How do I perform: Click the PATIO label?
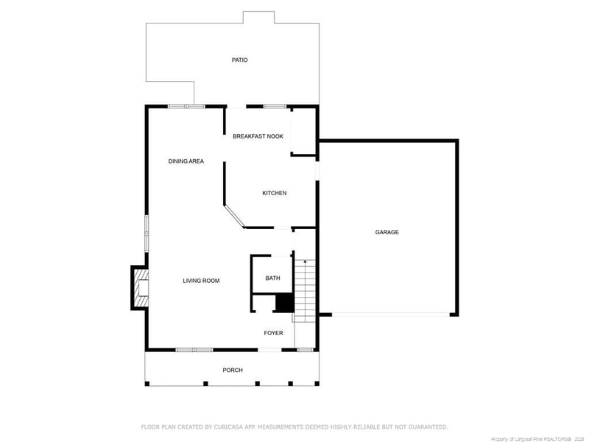239,60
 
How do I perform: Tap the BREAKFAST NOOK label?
258,136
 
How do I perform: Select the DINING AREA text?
186,161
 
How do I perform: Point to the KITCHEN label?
275,193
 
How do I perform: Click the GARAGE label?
387,232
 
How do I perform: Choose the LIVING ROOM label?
201,281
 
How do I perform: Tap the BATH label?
273,278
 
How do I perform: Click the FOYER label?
274,333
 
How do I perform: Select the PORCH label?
233,370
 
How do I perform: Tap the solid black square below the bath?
284,303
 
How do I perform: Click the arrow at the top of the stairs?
305,262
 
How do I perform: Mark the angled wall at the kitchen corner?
234,216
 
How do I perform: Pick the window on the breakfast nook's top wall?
275,107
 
